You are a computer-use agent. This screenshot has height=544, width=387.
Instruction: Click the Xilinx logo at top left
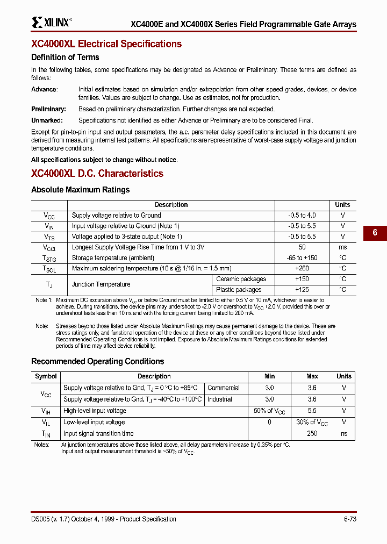pos(51,22)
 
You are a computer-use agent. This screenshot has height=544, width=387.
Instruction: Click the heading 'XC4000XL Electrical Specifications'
pos(106,44)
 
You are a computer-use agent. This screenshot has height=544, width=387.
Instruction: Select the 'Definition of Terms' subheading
pos(65,58)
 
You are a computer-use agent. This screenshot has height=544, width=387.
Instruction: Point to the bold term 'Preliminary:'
pos(48,109)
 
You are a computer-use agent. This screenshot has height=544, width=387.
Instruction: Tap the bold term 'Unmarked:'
pos(47,121)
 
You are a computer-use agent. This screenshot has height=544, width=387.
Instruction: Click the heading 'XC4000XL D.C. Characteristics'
pos(97,174)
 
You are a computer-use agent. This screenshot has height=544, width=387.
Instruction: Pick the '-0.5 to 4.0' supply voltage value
pos(302,216)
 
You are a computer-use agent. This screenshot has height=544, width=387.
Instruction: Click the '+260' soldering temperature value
pos(302,268)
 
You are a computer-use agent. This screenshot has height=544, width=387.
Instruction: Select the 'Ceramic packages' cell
pos(241,279)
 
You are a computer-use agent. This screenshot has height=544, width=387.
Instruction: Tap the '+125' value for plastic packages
pos(302,290)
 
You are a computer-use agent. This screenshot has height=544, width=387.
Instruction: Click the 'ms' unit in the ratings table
pos(342,247)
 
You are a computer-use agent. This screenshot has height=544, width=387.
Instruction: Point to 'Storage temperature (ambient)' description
pos(113,258)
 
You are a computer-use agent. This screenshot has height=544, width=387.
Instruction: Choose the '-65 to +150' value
pos(302,258)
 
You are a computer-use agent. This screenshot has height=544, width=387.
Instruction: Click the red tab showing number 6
pos(375,233)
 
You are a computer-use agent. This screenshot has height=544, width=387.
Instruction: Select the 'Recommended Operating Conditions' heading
pos(97,362)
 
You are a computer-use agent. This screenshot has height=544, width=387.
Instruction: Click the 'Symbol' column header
pos(46,376)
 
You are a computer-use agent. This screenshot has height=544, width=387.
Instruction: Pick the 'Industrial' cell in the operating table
pos(219,399)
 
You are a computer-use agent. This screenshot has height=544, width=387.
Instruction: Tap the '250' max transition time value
pos(312,434)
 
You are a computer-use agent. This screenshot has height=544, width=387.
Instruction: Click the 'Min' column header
pos(269,376)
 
